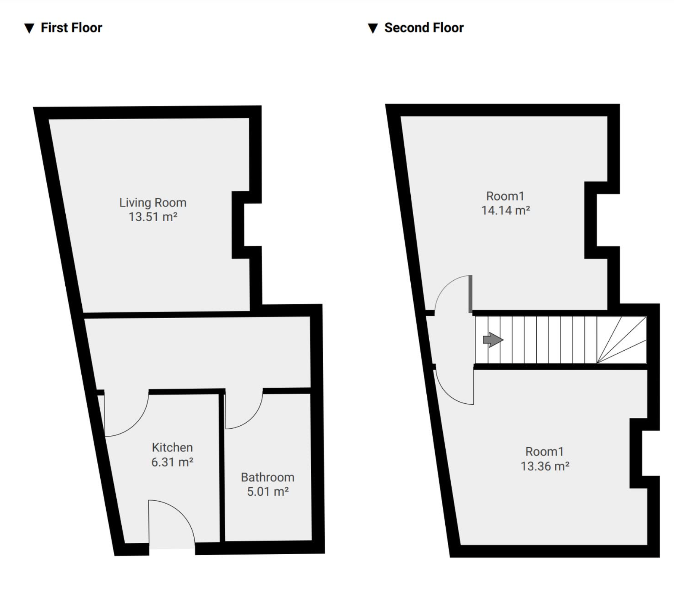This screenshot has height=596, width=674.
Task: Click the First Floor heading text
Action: click(x=71, y=28)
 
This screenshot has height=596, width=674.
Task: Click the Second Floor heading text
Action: click(x=424, y=28)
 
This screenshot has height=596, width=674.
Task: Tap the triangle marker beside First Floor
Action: click(x=29, y=29)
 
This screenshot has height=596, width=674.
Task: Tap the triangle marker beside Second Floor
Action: click(x=373, y=29)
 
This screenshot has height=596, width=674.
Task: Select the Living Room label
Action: click(x=152, y=203)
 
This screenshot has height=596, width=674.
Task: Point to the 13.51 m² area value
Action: click(x=152, y=217)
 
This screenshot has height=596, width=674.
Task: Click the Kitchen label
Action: click(x=172, y=447)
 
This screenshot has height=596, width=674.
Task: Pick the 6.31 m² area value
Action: click(x=172, y=462)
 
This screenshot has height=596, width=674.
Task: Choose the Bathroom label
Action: click(x=267, y=477)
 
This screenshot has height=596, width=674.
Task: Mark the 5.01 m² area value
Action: click(x=267, y=491)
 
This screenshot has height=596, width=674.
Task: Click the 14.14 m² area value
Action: click(x=505, y=210)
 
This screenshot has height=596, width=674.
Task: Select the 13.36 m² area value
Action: click(x=545, y=466)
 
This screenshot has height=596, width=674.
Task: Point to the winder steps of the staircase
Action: click(x=622, y=340)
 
